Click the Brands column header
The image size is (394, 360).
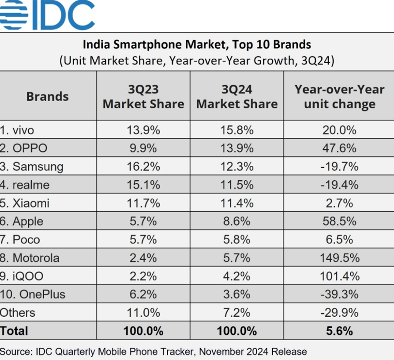(x=47, y=96)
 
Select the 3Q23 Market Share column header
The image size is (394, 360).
(x=143, y=97)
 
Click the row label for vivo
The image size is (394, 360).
(x=17, y=130)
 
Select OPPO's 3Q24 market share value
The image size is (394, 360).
(x=237, y=148)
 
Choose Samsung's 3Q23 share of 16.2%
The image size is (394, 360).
(x=143, y=167)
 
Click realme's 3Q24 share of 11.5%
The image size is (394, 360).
(x=237, y=185)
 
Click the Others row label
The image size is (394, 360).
(x=18, y=313)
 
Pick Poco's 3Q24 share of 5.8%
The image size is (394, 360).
(x=237, y=239)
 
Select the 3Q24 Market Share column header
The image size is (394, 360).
(x=237, y=97)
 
